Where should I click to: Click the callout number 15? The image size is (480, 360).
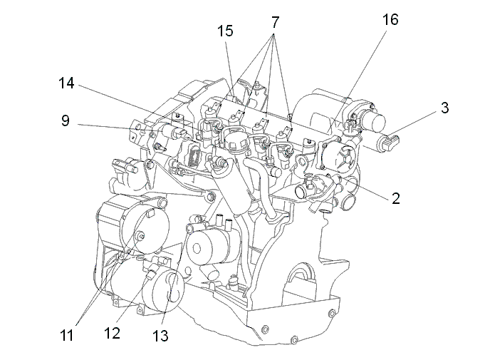(225, 31)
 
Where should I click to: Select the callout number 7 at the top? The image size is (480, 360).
(275, 22)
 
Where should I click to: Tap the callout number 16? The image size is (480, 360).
(390, 20)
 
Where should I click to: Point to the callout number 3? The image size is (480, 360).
(445, 108)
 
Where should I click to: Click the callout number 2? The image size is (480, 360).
(396, 199)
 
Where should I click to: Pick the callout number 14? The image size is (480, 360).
(66, 83)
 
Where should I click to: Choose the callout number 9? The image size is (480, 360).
(66, 120)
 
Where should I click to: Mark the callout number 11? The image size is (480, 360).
(66, 336)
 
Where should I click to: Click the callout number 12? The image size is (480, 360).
(112, 333)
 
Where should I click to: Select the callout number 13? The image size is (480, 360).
(160, 336)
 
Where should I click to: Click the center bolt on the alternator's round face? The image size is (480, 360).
(141, 236)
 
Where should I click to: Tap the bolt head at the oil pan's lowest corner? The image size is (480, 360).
(294, 340)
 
